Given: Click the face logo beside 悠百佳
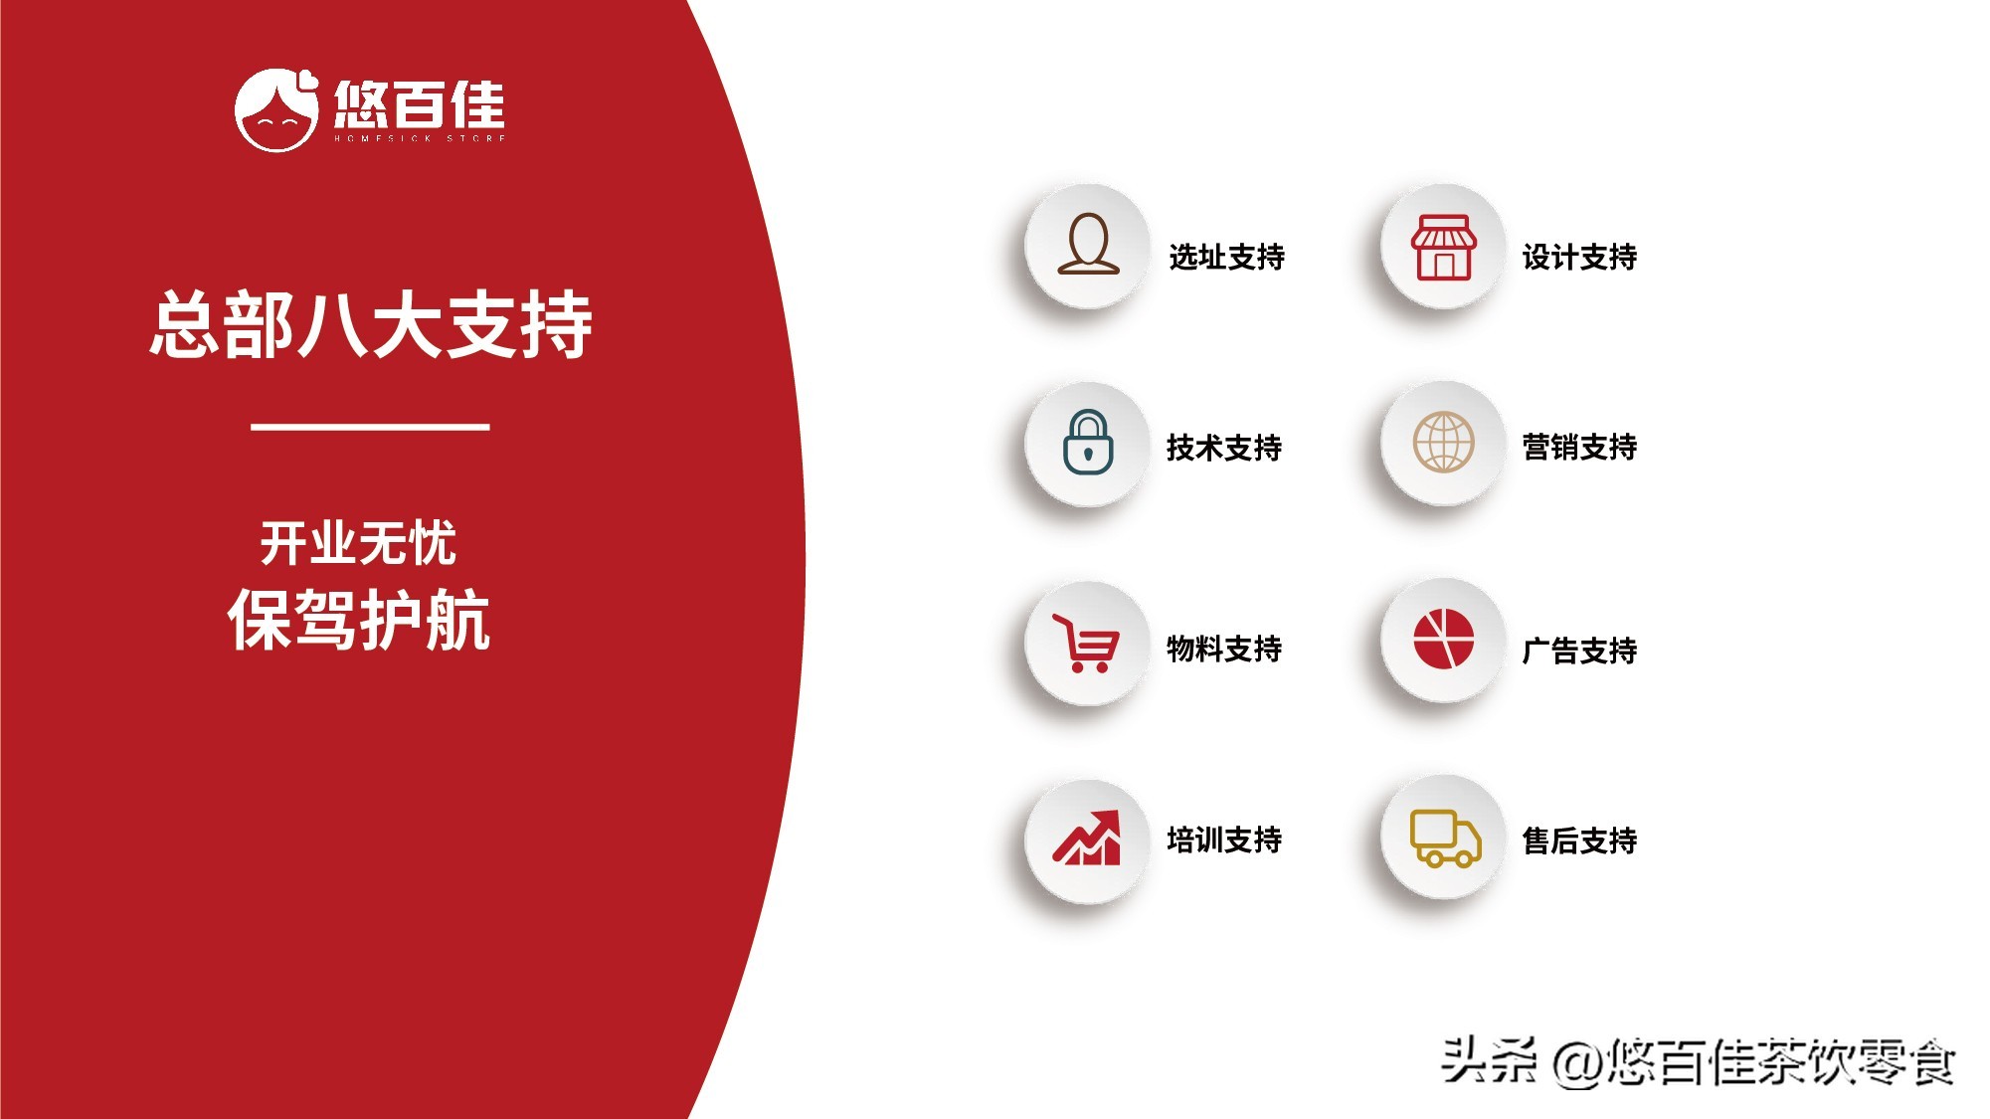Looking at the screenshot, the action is click(x=276, y=109).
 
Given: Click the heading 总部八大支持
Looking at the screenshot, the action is click(x=371, y=324).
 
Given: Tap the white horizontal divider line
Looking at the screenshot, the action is click(x=370, y=427).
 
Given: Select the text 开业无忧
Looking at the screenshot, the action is click(x=358, y=543).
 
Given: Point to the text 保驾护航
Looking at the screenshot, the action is click(x=359, y=619).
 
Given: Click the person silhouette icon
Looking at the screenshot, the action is click(x=1088, y=244).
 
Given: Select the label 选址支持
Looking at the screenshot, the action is click(x=1226, y=257).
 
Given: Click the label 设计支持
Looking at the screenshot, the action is click(x=1579, y=257).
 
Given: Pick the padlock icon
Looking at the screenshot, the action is click(x=1088, y=443).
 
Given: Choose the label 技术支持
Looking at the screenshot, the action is click(x=1224, y=448).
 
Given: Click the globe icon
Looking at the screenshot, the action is click(x=1443, y=443).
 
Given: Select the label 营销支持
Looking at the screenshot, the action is click(x=1579, y=447).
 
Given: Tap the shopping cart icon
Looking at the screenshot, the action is click(x=1086, y=644).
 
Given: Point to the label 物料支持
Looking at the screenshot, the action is click(x=1224, y=649).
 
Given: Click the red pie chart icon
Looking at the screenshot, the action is click(x=1443, y=640).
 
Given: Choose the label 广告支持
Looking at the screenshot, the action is click(x=1579, y=651).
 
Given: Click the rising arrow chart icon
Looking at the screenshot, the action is click(x=1087, y=838).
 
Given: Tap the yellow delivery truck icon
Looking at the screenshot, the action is click(x=1445, y=839).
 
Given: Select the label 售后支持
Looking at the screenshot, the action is click(x=1579, y=840).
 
